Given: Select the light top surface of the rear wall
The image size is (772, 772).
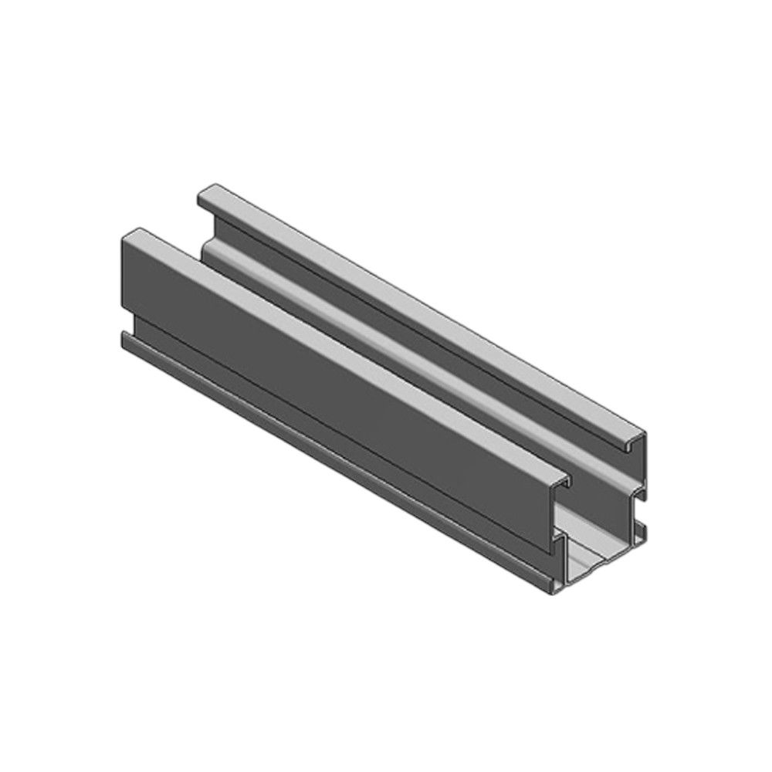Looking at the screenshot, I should click(425, 309).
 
